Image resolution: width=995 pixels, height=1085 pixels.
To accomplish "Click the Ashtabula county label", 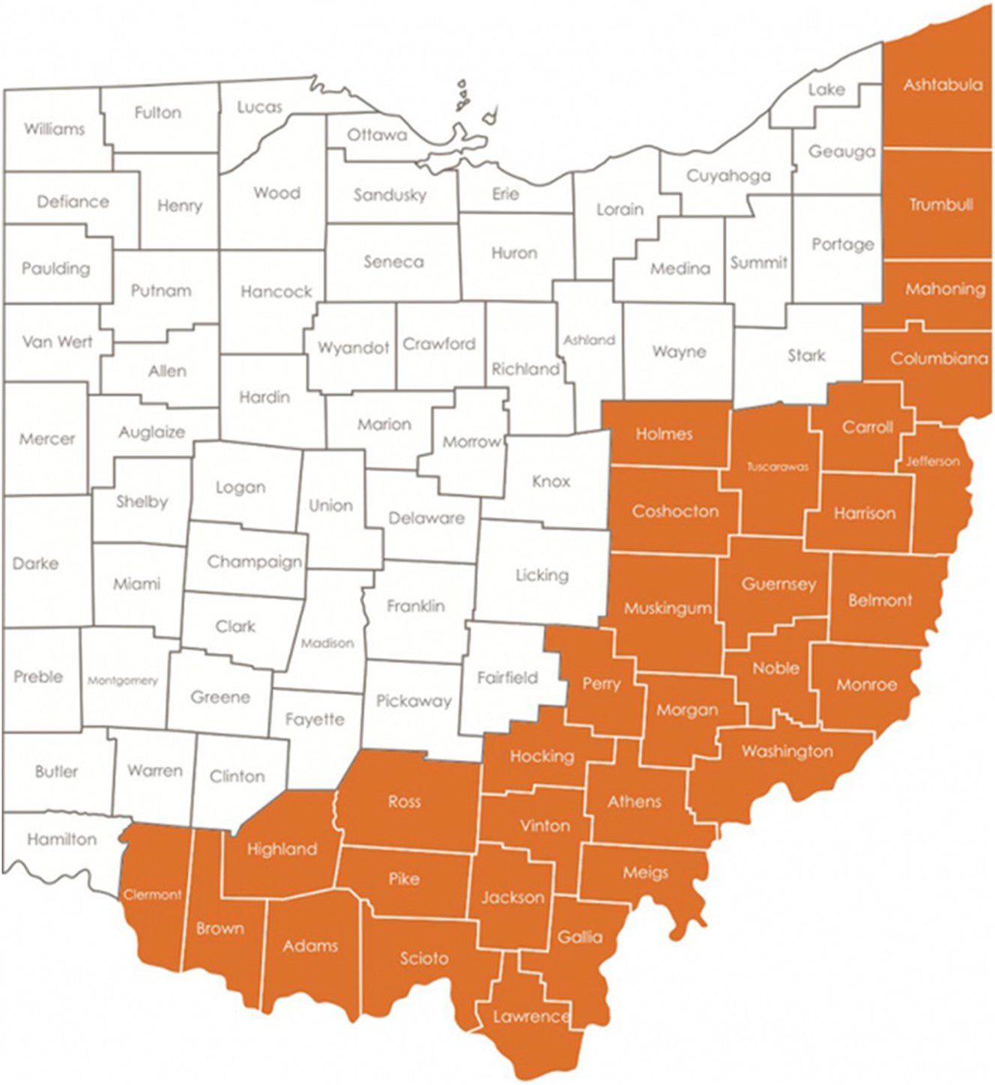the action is coord(943,85).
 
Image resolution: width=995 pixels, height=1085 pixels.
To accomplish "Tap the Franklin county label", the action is coord(416,605).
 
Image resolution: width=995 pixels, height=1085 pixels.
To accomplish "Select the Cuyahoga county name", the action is coord(728,176).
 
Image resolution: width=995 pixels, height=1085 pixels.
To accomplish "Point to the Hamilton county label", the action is coord(62,839).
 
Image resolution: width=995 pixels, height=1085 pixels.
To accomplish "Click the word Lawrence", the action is coord(531,1017).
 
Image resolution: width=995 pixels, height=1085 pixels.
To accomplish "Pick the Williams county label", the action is coord(54,129).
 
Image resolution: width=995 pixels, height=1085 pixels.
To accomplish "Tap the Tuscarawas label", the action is coord(778,467).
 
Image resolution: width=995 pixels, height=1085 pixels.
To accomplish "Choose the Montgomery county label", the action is coord(123,681).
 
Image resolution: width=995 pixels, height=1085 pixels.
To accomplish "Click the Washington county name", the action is coord(787,751).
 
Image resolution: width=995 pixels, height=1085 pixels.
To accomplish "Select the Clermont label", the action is coord(153,895).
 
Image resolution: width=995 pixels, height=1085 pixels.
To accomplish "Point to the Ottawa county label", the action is coord(377,135).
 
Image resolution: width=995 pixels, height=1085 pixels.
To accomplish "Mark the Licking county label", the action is coord(542,575).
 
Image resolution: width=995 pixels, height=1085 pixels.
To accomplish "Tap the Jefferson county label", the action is coord(933,462).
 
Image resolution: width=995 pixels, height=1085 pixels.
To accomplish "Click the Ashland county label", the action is coord(590,340).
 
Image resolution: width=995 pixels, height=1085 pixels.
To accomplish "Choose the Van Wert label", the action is coord(58,342).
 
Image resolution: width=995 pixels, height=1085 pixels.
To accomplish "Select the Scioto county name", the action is coord(424,958).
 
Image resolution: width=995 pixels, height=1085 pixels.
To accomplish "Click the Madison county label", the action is coord(327,643).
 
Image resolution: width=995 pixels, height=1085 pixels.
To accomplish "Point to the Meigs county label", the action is coord(645,872).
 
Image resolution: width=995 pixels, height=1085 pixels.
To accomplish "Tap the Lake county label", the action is coord(826,90).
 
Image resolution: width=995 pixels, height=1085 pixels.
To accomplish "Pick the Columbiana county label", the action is coord(939,358).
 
